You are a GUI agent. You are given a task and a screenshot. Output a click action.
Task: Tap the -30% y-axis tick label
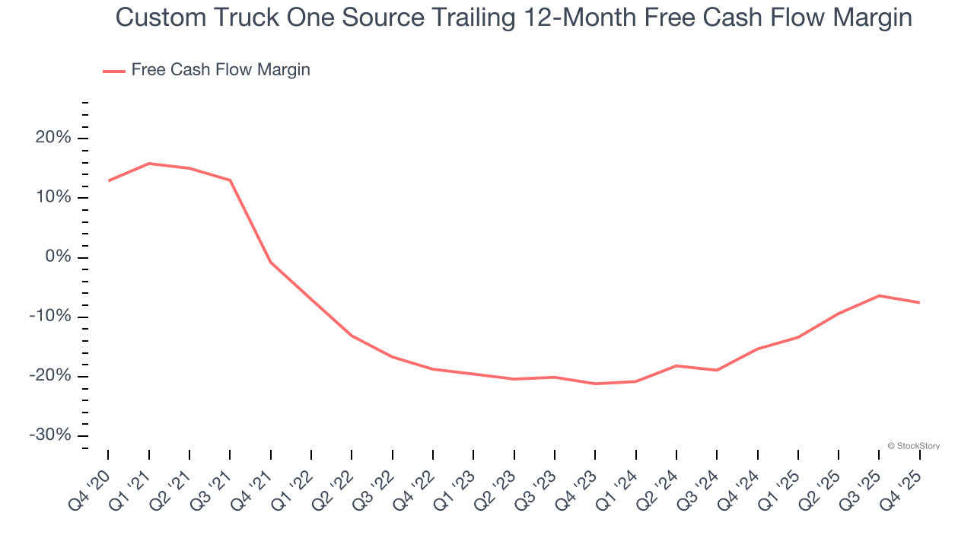point(51,435)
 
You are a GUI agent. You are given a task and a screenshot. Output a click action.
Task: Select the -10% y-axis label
point(51,317)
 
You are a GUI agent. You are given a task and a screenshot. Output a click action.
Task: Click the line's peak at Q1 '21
point(148,164)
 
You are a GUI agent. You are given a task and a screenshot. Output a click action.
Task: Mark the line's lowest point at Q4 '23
point(595,384)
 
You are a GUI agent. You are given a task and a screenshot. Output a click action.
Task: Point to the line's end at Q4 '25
point(919,303)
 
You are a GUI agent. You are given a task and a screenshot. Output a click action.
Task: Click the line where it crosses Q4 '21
point(270,262)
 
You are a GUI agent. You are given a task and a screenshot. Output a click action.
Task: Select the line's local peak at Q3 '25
point(879,295)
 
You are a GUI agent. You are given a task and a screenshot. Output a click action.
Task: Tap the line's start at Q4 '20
point(108,181)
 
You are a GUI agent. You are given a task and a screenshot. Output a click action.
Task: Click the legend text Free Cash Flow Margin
point(221,70)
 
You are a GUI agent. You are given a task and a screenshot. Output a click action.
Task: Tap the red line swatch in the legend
point(114,72)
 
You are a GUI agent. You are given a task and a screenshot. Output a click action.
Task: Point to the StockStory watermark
point(913,446)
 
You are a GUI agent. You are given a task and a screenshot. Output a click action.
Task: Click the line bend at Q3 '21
point(230,180)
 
